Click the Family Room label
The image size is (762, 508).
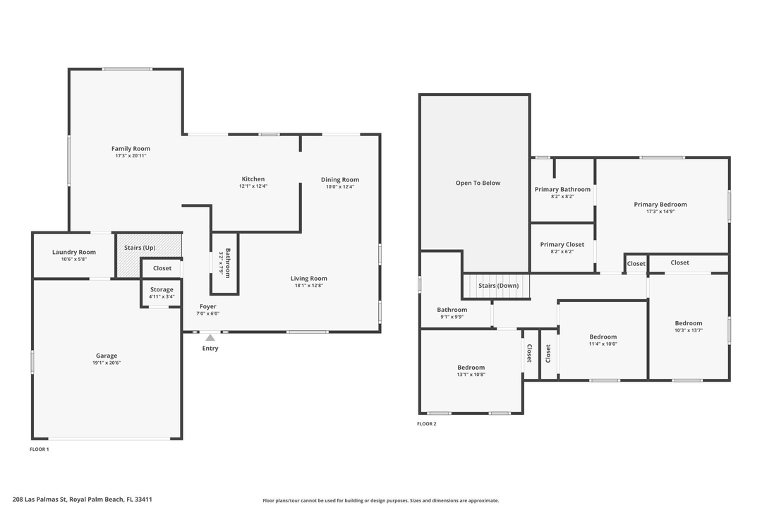(131, 149)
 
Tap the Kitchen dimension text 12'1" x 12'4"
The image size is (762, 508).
(253, 186)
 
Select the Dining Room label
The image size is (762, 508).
(340, 179)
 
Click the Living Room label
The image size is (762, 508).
(308, 279)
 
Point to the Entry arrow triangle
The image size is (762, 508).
(210, 338)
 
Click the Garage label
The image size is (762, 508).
(107, 356)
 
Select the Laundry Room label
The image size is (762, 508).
(73, 252)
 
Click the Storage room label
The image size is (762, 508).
(162, 289)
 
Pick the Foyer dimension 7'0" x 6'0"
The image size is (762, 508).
(207, 313)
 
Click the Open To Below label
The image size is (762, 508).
(478, 183)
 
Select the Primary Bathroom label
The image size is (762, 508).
(562, 189)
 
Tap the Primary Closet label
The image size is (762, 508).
(562, 244)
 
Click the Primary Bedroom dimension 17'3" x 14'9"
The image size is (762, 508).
(660, 212)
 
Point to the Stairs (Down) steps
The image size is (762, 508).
(497, 286)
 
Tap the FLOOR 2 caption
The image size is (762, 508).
(426, 424)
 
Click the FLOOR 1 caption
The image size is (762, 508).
(39, 449)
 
